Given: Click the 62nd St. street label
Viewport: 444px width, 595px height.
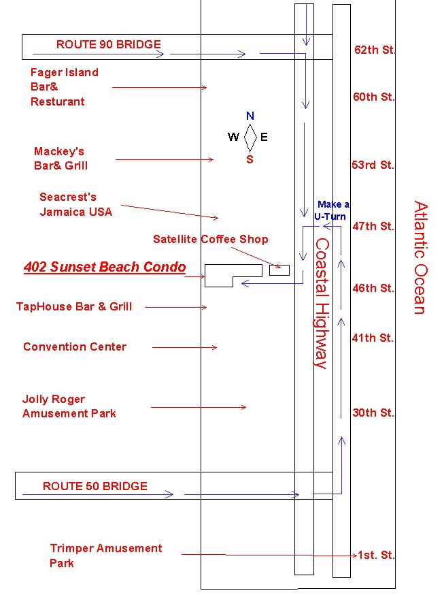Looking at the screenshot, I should point(375,50).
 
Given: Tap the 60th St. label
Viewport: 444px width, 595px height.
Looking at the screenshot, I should point(373,97).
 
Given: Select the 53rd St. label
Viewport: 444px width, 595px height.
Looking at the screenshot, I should point(373,165).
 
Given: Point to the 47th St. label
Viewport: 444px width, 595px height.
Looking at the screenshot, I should point(373,226).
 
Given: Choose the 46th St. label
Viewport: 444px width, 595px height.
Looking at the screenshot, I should point(373,288).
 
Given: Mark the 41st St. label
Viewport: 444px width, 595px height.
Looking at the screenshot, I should point(373,338).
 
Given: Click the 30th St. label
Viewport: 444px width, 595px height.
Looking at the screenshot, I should point(373,413).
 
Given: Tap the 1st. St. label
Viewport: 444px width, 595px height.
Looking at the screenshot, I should point(376,556).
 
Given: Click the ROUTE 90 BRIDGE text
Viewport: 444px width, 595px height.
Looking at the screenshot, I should point(109,45).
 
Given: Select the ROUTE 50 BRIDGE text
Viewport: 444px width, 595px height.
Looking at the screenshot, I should point(95,486).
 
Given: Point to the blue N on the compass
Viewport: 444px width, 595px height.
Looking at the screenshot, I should point(250,116).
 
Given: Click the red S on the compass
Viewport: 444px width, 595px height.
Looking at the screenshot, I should point(250,160).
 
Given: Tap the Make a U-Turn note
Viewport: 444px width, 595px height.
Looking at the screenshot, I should point(332,210).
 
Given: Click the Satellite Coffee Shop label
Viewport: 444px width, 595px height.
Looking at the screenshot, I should point(211,239).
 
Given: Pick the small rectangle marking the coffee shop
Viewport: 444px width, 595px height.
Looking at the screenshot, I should point(279,270).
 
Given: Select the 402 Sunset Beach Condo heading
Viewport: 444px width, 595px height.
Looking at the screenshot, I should point(105,267).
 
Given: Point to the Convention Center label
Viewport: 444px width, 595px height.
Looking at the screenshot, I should point(75,347).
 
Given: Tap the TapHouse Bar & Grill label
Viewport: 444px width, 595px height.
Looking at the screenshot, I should point(74,306).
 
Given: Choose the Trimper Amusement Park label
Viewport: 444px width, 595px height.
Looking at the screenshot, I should point(105,556).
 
